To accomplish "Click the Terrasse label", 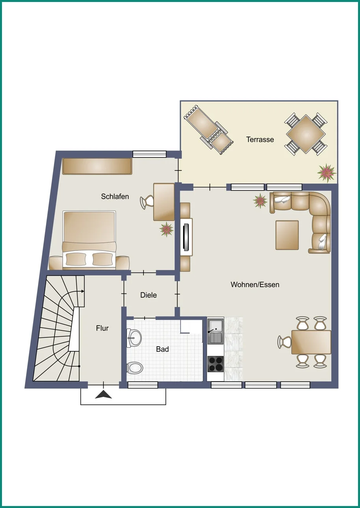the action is coord(260,139).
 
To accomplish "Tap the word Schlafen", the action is coord(115,197).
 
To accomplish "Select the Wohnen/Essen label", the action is coord(255,285).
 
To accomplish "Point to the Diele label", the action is coord(148,295).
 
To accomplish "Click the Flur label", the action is coord(102,328).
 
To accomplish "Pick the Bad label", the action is coord(162,349).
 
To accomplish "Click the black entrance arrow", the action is coord(103,395).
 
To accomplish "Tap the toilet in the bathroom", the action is coord(135,368).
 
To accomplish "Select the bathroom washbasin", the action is coord(134,338).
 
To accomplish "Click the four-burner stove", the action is coord(215,364).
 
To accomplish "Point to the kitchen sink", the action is coord(215,331).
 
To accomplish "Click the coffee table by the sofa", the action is coord(287,235).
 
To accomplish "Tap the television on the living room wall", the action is coord(186,237).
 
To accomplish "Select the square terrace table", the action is coord(306,134).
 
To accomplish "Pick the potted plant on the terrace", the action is coord(327,172).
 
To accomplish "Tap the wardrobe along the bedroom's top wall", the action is coord(97,167).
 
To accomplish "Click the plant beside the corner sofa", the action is coord(260,201).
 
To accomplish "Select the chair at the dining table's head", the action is coord(284,342).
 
